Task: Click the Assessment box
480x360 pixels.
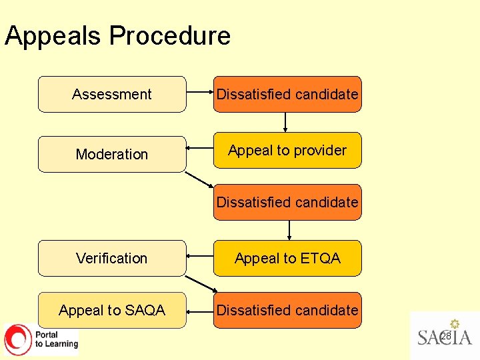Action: coord(112,94)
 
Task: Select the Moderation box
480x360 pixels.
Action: coord(112,154)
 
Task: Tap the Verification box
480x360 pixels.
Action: coord(112,258)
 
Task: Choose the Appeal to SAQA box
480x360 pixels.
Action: coord(112,310)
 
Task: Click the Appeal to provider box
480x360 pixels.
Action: coord(287,150)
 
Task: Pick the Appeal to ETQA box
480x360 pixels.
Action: coord(287,258)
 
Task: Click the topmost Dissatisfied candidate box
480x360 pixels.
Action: coord(287,94)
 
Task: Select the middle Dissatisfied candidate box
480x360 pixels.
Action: coord(287,202)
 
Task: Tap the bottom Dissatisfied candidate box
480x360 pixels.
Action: coord(287,310)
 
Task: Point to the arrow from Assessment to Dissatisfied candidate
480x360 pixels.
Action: coord(199,94)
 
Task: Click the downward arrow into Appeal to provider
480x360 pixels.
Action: coord(285,122)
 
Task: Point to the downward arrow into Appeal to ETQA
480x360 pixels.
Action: coord(289,230)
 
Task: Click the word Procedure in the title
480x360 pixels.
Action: coord(170,35)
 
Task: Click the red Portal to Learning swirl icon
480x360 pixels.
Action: coord(18,339)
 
